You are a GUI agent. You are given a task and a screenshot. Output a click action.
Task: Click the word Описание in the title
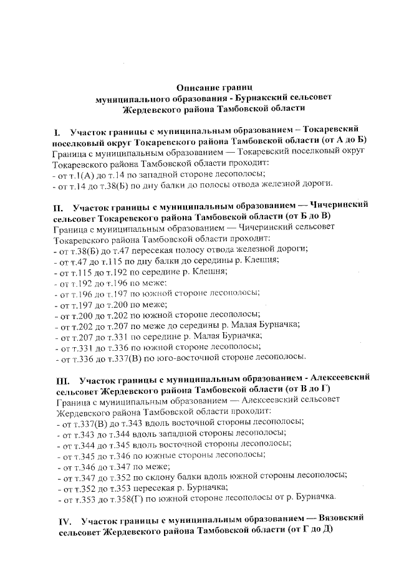point(195,87)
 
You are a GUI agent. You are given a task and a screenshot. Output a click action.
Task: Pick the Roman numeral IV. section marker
point(64,519)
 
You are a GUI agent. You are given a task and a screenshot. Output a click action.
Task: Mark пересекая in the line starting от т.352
point(139,487)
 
